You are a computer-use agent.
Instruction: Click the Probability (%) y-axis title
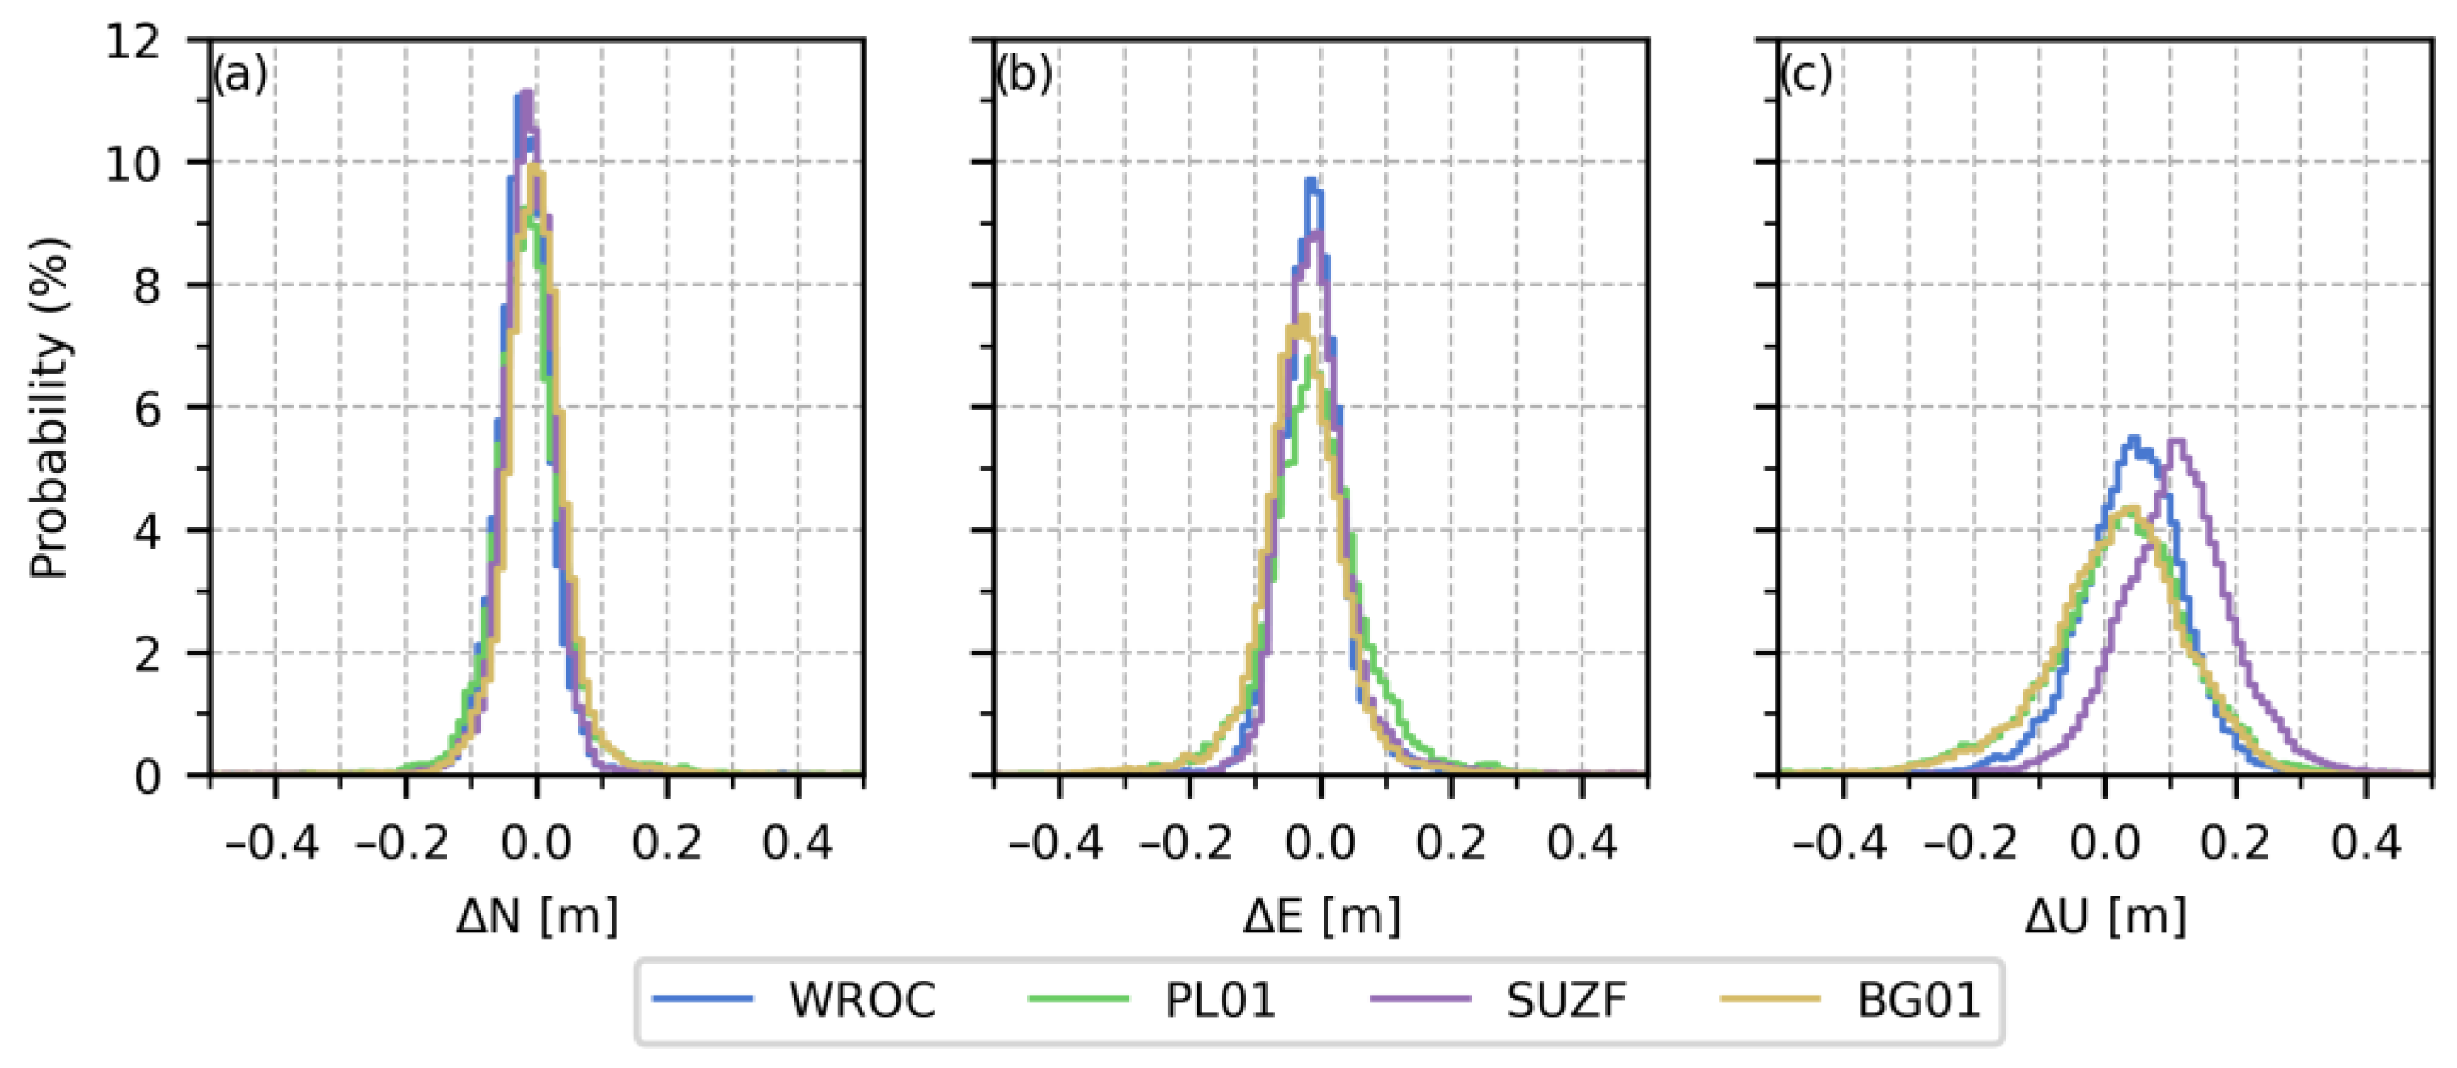pos(49,407)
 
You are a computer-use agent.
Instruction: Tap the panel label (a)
pos(239,75)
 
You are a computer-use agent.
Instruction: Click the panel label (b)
pos(1023,75)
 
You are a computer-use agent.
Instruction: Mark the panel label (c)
pos(1807,75)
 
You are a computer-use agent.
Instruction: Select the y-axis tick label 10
pos(133,163)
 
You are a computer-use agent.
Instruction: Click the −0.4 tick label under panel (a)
pos(271,844)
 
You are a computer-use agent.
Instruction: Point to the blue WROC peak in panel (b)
pos(1311,181)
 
